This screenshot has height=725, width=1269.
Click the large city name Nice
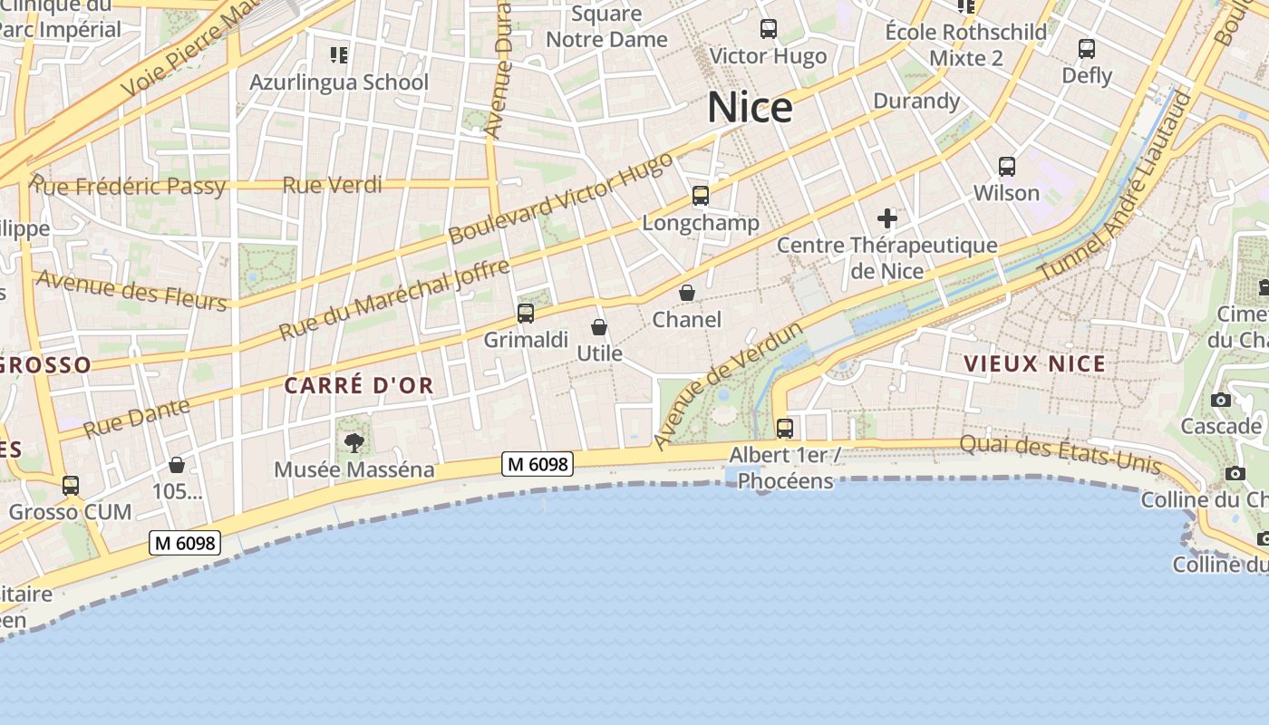[750, 108]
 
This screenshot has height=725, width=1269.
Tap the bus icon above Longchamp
[700, 196]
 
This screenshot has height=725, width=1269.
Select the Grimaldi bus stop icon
[525, 314]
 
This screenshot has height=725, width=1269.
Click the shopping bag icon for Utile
[599, 327]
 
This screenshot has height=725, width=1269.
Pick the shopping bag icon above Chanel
[687, 293]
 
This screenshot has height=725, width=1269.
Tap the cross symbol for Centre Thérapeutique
[886, 218]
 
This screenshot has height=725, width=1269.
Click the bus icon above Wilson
[1006, 167]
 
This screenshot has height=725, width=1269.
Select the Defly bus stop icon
[1086, 49]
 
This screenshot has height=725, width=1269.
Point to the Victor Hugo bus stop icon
[768, 29]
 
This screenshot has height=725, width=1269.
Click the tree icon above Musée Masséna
[354, 442]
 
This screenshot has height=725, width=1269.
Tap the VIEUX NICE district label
[1034, 364]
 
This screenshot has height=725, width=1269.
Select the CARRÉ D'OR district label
[359, 386]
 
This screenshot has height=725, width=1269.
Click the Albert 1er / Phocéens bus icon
[784, 428]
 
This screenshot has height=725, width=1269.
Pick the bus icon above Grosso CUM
[71, 486]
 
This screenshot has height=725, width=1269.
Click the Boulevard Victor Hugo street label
[561, 198]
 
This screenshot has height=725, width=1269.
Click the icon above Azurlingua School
[339, 56]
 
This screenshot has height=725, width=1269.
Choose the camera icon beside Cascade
[1220, 401]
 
